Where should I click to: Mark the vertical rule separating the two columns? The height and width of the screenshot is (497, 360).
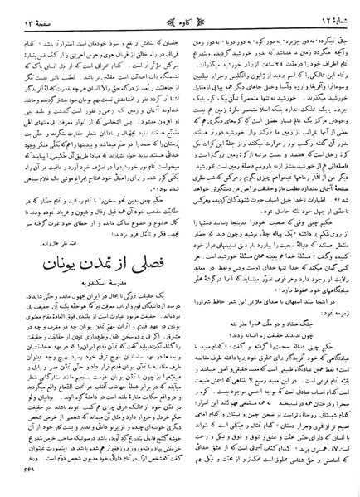[x=180, y=249]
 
